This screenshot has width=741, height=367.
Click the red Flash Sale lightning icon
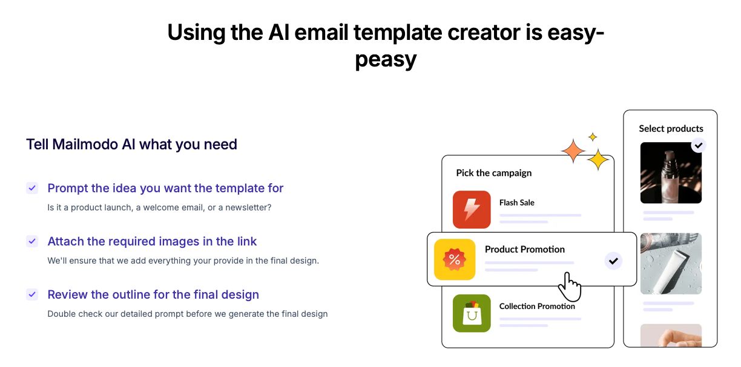472,210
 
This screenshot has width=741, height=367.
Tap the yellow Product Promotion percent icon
455,259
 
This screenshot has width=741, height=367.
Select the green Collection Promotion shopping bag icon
472,313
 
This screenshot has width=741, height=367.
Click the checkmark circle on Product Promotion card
613,261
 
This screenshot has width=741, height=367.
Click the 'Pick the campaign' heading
493,173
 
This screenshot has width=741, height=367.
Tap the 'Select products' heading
671,129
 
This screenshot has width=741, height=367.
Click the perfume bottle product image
671,173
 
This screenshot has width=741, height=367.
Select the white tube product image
671,264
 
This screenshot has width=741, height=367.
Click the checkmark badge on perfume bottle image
699,145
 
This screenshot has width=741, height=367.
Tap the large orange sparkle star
573,151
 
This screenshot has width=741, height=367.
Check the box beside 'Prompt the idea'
32,188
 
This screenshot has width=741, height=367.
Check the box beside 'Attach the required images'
32,241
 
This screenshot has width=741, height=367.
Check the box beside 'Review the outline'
32,294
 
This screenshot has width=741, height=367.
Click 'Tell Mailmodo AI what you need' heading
131,145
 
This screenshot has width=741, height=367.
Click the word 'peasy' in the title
386,59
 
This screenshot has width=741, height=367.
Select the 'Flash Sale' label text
516,203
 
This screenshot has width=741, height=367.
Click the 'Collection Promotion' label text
537,307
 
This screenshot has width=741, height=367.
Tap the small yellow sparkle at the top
593,137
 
